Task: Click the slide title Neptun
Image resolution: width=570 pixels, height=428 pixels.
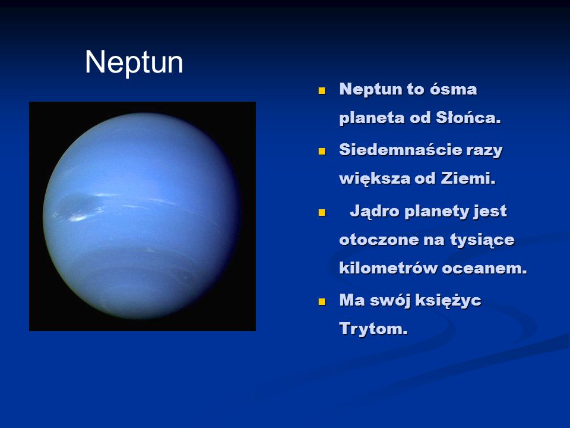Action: (134, 62)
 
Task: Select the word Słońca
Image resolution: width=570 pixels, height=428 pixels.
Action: (468, 118)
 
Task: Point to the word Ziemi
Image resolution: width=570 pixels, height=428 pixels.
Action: (468, 178)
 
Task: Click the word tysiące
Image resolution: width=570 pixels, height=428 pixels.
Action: (482, 240)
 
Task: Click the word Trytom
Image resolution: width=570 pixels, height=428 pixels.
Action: (373, 329)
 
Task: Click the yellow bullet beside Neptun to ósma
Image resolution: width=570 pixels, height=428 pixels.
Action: (322, 90)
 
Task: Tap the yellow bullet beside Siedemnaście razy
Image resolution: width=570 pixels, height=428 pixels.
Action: (322, 151)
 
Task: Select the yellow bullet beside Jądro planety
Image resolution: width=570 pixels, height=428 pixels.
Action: (322, 212)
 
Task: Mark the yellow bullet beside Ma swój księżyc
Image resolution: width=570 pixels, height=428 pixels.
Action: (322, 301)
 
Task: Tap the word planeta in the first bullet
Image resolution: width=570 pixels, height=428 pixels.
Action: (372, 118)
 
